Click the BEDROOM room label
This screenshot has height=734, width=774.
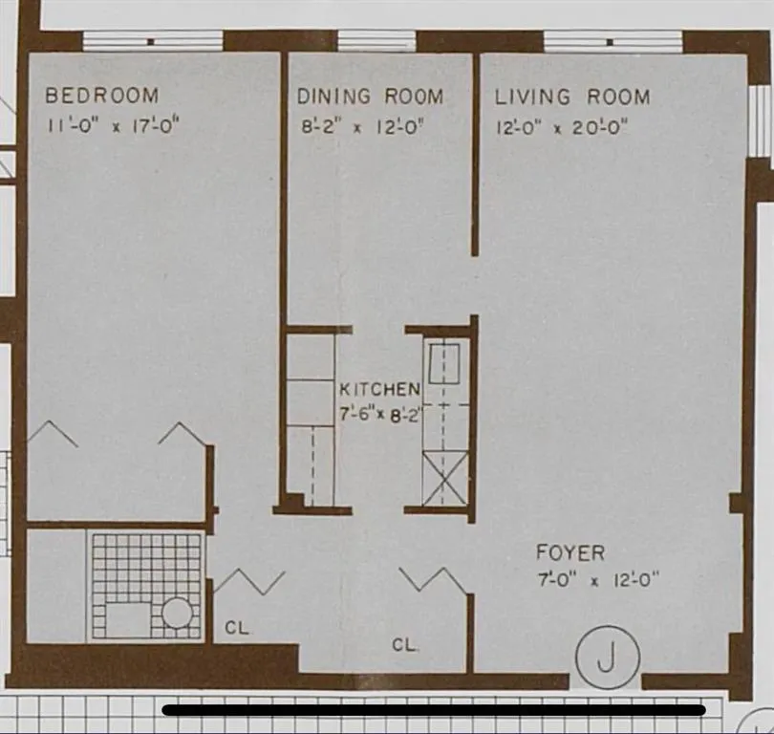(x=102, y=96)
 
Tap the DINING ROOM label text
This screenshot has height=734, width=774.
(x=370, y=97)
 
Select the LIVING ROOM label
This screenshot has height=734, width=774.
(x=571, y=97)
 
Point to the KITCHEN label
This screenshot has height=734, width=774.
(x=379, y=389)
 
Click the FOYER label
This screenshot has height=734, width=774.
(x=570, y=552)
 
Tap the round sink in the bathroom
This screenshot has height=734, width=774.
(x=177, y=613)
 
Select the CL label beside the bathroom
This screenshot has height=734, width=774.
(x=238, y=628)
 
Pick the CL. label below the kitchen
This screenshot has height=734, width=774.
(x=405, y=645)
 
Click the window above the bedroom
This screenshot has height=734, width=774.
(x=152, y=40)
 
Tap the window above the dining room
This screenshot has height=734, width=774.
(x=376, y=40)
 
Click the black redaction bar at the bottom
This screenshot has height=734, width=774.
(x=434, y=710)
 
